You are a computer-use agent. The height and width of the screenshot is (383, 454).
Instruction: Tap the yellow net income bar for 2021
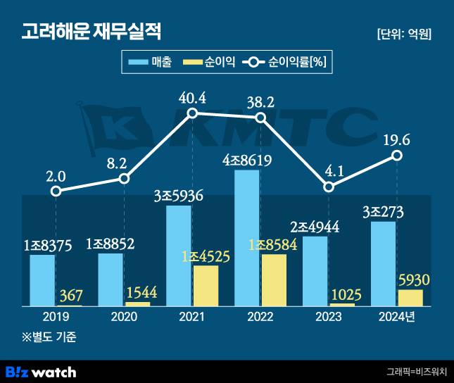point(206,286)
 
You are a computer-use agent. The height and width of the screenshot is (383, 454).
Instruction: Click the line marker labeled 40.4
point(191,115)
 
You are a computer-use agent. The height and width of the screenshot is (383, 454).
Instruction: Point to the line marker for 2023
point(329,187)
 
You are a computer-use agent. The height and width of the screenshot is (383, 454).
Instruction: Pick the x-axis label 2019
point(56,316)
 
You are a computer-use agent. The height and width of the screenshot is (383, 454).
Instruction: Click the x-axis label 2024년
point(397,316)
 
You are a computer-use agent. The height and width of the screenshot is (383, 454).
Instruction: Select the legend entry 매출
point(150,63)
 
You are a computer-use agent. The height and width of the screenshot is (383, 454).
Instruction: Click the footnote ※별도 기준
point(47,337)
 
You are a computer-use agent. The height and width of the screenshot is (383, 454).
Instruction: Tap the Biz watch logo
point(41,371)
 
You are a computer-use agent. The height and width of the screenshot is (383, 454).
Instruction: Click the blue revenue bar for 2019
point(42,280)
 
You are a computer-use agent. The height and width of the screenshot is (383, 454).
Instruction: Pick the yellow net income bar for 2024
point(410,298)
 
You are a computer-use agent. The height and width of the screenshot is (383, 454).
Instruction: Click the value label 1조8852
point(111,244)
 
